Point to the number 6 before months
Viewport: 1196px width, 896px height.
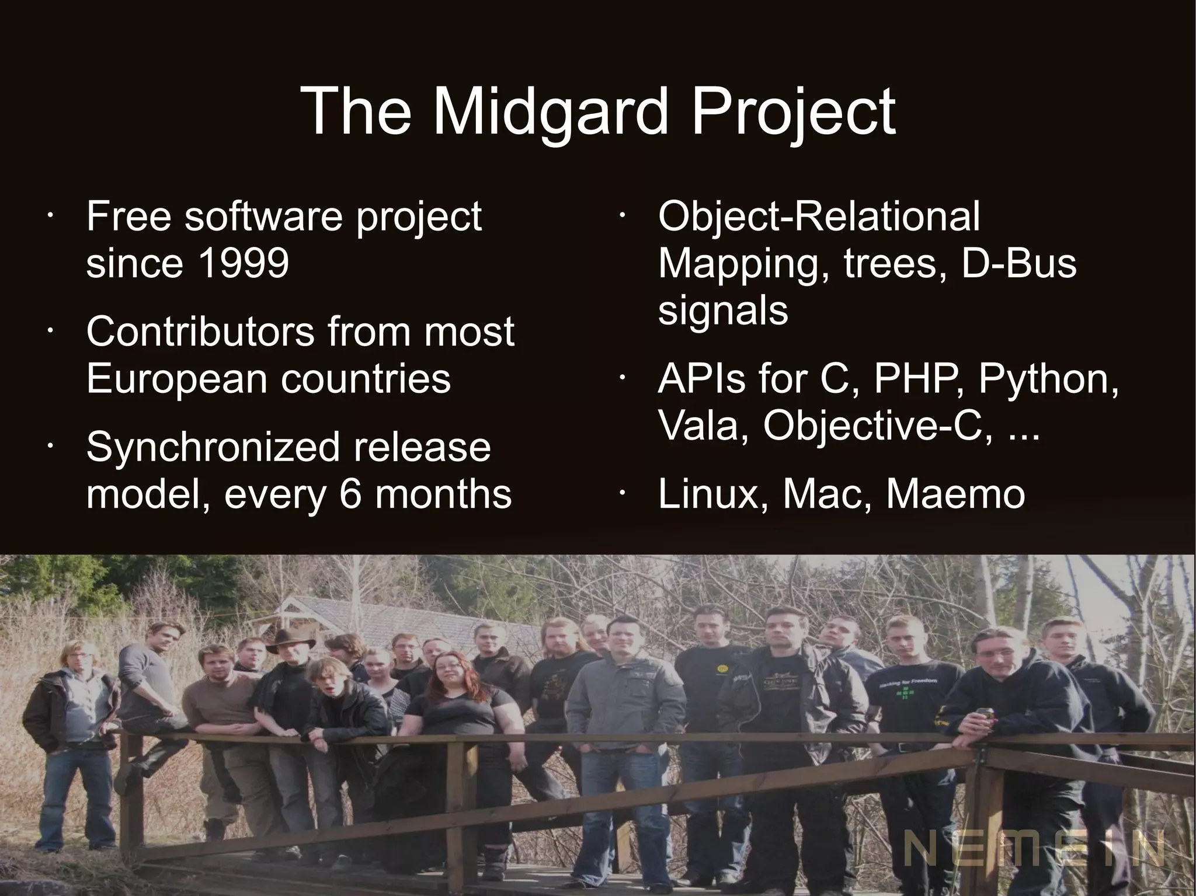pyautogui.click(x=350, y=494)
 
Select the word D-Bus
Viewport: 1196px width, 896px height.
pyautogui.click(x=1017, y=263)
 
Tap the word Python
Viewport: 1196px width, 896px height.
pyautogui.click(x=1048, y=379)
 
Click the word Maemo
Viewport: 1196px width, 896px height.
pyautogui.click(x=955, y=494)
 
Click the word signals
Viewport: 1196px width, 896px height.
pyautogui.click(x=723, y=310)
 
